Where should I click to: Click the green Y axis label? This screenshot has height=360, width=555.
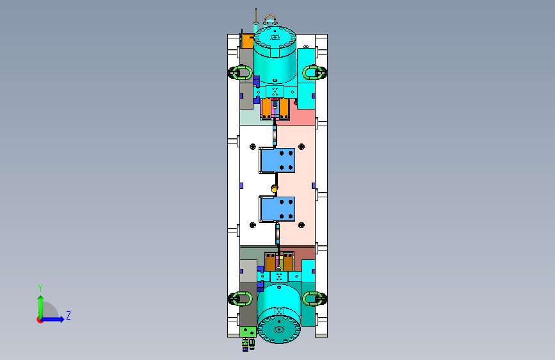(40, 288)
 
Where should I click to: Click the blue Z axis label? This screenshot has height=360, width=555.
(68, 315)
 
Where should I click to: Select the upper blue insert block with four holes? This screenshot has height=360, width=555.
(278, 161)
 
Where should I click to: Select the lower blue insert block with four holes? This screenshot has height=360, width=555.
(278, 209)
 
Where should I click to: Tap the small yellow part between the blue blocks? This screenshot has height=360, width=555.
(274, 189)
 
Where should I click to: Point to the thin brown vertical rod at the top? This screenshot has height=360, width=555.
(256, 15)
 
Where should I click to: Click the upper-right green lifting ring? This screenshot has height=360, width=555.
(314, 72)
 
